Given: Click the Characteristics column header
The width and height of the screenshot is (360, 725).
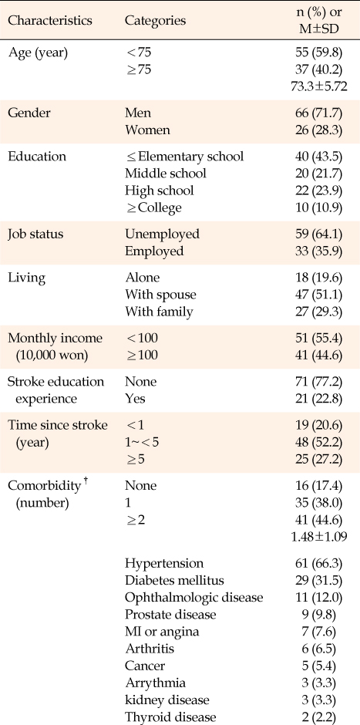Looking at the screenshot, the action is pyautogui.click(x=50, y=21).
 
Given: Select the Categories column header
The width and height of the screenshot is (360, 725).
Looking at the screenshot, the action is pyautogui.click(x=155, y=21).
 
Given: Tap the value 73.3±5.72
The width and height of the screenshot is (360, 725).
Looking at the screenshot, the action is pyautogui.click(x=317, y=86).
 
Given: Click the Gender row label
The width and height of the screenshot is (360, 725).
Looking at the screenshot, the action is pyautogui.click(x=27, y=113).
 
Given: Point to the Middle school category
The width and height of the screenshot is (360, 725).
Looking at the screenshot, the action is pyautogui.click(x=166, y=174).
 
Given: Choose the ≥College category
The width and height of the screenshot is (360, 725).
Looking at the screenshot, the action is pyautogui.click(x=153, y=208).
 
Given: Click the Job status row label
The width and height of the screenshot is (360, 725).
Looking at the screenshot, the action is pyautogui.click(x=35, y=234).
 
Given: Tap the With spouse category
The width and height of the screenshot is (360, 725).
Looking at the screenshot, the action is pyautogui.click(x=160, y=295).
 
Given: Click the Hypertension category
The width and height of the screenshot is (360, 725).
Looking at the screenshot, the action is pyautogui.click(x=163, y=564).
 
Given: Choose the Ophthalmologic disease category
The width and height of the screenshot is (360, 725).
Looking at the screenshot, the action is pyautogui.click(x=193, y=598).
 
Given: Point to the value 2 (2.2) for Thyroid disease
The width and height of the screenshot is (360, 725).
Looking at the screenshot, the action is pyautogui.click(x=324, y=717).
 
